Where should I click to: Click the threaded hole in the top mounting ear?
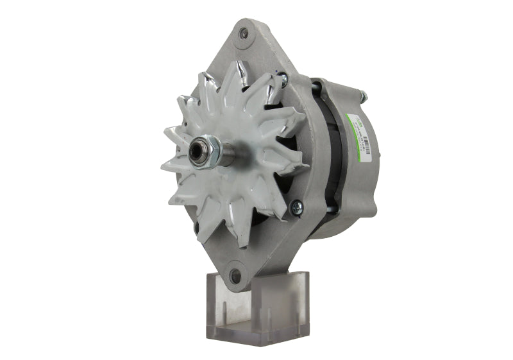pos(244,33)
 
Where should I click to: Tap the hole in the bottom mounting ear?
pos(235,276)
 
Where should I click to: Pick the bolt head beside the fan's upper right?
pos(283,81)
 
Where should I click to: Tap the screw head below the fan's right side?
pos(296,207)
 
